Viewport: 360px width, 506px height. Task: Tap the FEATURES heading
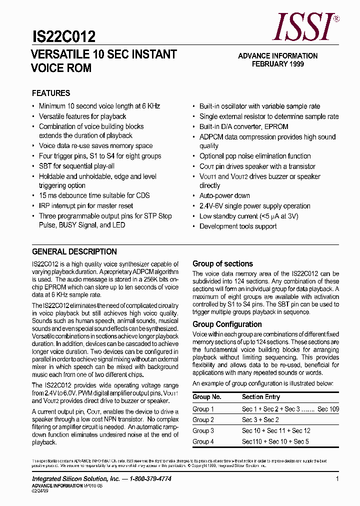pos(51,93)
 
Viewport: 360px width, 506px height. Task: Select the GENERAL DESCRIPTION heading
pos(74,251)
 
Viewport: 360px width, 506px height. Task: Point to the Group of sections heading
pos(222,263)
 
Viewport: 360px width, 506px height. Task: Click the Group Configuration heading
pos(227,324)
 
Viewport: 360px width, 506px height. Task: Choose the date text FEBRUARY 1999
pos(277,64)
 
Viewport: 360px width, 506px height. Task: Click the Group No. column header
pos(206,396)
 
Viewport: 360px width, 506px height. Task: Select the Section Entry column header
pos(260,396)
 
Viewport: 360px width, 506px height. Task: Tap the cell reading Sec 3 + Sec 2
pos(260,420)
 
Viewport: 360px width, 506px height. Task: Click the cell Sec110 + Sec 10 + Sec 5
pos(275,441)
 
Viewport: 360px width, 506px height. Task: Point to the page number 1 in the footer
pos(337,479)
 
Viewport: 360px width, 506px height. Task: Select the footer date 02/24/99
pos(40,491)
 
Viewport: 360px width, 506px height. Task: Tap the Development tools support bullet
pos(238,226)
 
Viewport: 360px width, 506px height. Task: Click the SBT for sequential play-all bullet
pos(76,166)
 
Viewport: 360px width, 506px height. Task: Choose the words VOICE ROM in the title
pos(61,68)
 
